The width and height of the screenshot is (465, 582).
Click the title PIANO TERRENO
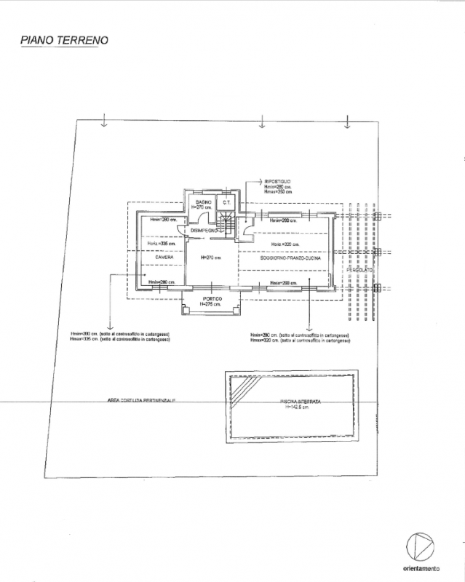click(63, 40)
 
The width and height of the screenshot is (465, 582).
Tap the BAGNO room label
click(203, 202)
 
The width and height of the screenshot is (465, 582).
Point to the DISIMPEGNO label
click(204, 231)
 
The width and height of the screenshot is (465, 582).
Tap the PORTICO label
click(212, 299)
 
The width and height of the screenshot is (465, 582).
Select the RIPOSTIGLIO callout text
click(277, 180)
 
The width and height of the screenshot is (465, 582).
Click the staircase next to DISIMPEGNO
click(228, 226)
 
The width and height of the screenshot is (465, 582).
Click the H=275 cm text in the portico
click(212, 304)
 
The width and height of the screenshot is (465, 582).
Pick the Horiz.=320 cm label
click(285, 244)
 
